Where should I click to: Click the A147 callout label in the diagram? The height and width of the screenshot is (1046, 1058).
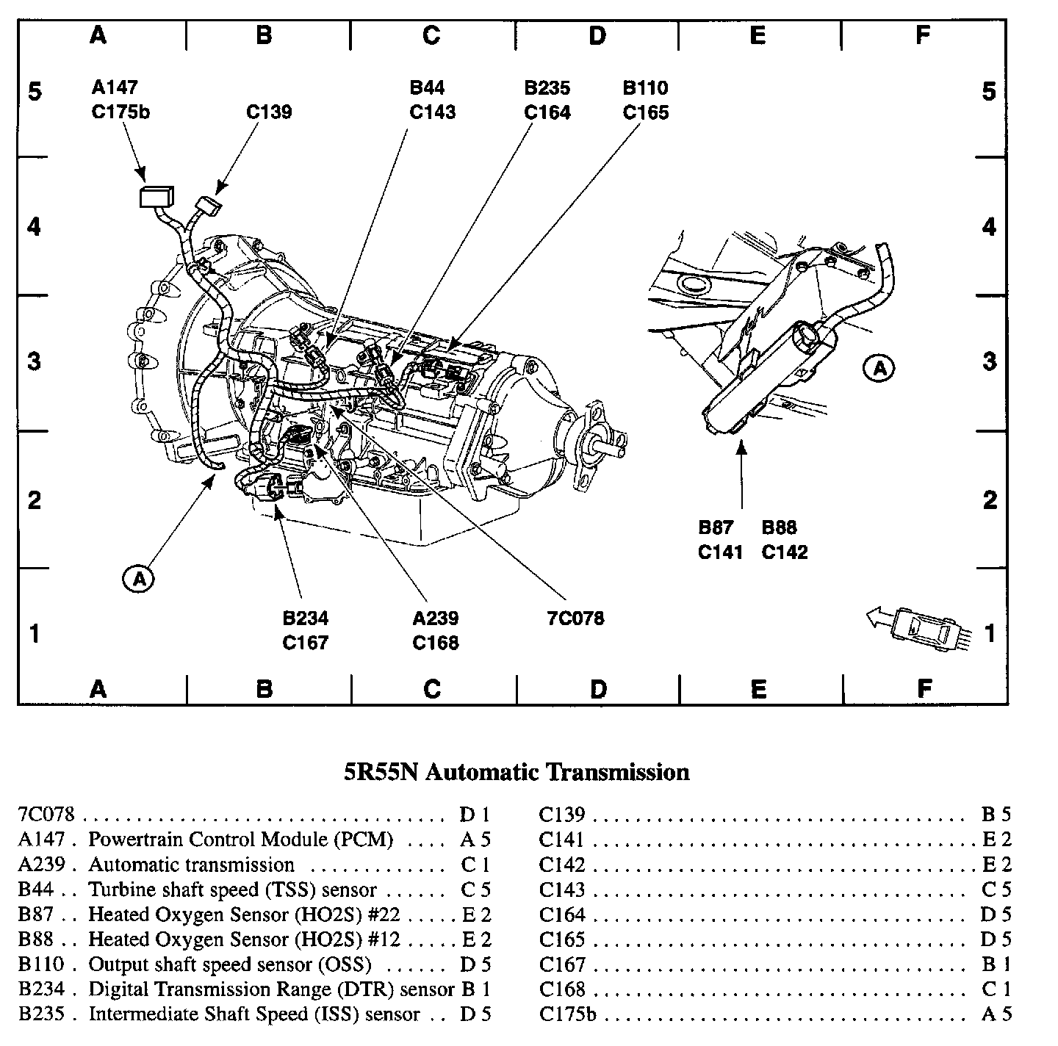115,87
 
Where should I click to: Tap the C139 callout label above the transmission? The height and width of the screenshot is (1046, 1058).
269,112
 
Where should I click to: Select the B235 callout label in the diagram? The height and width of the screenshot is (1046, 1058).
547,87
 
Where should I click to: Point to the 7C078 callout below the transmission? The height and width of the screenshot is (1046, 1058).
575,618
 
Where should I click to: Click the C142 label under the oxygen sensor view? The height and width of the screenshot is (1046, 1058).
785,552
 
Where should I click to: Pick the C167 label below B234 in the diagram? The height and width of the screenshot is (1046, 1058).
305,643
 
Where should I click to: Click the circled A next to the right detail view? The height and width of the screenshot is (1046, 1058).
879,368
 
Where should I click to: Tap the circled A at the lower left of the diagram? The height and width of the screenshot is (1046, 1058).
138,579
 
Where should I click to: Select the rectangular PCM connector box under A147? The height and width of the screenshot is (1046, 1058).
156,197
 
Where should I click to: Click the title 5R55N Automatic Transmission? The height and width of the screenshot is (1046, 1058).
517,772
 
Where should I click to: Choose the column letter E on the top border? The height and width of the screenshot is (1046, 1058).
757,36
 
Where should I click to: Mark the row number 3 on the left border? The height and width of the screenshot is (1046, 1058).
34,361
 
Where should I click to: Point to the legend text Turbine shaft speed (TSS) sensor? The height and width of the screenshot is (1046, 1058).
232,890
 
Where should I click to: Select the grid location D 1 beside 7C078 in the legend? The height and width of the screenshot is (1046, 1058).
475,815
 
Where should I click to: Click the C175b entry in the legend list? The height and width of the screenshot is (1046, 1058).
567,1014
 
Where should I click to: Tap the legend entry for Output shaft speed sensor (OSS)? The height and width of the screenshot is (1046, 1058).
229,964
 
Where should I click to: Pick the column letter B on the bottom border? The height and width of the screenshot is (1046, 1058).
264,688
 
